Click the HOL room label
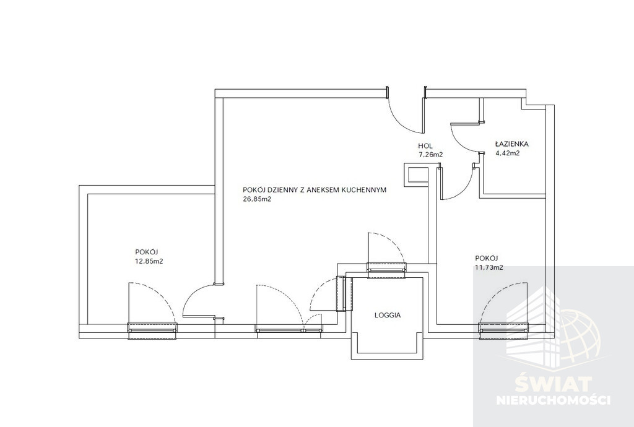click(425, 146)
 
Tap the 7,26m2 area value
click(431, 154)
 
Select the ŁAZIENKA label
click(512, 144)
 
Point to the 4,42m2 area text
click(508, 153)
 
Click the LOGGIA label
click(388, 315)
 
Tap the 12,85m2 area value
click(149, 261)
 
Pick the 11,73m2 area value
click(489, 267)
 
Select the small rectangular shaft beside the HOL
click(415, 175)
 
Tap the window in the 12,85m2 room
click(152, 330)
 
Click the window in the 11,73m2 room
click(503, 330)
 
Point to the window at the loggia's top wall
click(386, 270)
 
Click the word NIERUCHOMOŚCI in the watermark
click(553, 400)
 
